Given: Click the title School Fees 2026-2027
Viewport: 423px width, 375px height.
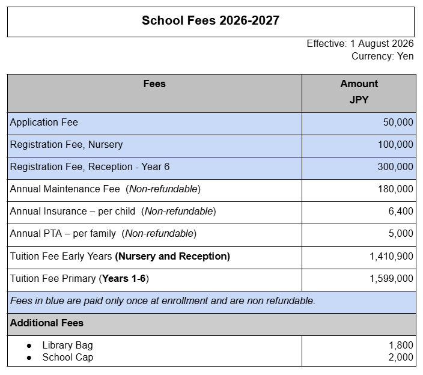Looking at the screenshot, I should [210, 20].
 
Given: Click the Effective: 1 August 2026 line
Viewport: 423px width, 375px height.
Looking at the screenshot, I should [360, 44].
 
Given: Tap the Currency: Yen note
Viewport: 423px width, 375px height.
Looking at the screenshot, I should [382, 56].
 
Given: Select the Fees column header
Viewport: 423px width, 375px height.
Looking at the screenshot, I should [154, 84].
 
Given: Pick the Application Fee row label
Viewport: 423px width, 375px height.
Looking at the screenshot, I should [44, 123].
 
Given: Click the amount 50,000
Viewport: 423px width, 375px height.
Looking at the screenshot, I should [398, 123].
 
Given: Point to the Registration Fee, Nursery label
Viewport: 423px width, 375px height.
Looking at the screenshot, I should [66, 145].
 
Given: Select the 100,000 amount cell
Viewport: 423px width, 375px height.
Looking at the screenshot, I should [395, 145].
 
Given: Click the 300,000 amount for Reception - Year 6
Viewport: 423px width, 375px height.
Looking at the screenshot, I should [395, 167].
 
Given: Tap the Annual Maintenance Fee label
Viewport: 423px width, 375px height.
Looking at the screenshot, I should [65, 189].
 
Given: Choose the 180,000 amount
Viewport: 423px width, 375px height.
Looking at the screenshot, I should [395, 189].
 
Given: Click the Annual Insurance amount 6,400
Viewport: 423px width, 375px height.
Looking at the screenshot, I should [400, 212].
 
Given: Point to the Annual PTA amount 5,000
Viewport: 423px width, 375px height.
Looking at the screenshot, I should [400, 234].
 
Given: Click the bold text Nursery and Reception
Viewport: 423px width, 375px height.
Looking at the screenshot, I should [172, 257].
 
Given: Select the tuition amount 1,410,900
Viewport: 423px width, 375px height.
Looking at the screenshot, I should [391, 257].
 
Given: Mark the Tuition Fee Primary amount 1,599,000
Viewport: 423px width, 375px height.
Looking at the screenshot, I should [391, 279].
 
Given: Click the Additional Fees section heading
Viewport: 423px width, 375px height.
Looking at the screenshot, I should [46, 323].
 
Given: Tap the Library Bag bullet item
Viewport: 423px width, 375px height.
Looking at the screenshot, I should [67, 346].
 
